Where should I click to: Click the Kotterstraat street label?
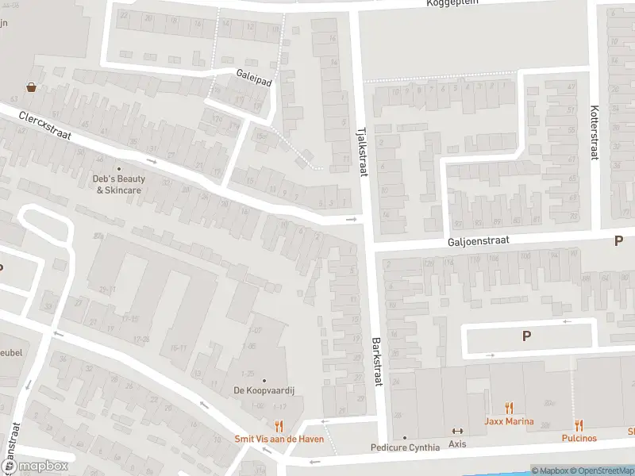(x=594, y=132)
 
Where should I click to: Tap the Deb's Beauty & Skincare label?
(x=119, y=184)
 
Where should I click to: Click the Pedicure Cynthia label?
(x=405, y=447)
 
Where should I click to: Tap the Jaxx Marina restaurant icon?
(x=510, y=408)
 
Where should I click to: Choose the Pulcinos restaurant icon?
(x=579, y=425)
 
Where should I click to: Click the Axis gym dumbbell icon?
(x=457, y=431)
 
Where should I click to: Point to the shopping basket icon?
(x=31, y=87)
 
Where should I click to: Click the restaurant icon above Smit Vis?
(x=279, y=426)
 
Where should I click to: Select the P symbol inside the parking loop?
(x=525, y=336)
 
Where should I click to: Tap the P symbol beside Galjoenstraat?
(x=618, y=241)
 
